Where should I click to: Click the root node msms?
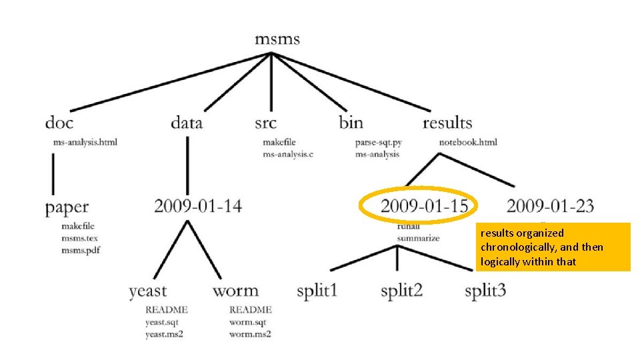[277, 39]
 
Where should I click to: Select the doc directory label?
[59, 123]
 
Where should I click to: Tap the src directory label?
[265, 123]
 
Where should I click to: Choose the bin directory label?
[351, 123]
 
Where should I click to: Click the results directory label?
[447, 123]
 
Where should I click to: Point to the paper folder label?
[67, 207]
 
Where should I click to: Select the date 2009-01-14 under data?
[198, 206]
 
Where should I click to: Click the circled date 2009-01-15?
[424, 206]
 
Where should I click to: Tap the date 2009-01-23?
[550, 206]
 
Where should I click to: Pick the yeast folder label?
[148, 291]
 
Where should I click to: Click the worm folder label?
[235, 291]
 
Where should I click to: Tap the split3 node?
[485, 291]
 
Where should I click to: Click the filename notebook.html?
[468, 142]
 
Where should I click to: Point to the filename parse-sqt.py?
[379, 142]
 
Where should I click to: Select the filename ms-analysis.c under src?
[288, 154]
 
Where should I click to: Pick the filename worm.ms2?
[250, 334]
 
